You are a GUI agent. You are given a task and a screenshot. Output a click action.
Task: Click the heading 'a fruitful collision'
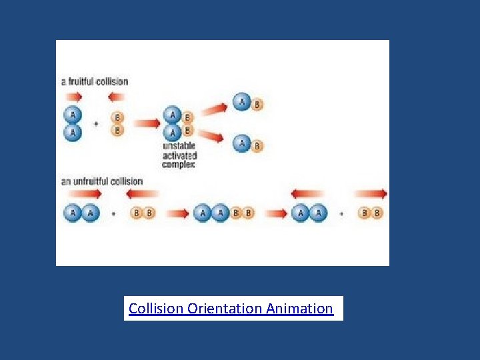[95, 81]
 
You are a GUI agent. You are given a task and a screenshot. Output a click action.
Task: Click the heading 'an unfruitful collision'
[102, 181]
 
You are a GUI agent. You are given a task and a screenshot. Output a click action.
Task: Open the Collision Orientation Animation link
[231, 309]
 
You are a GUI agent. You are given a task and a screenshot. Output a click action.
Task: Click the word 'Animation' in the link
[299, 309]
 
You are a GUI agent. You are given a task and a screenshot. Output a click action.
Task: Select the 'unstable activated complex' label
[180, 155]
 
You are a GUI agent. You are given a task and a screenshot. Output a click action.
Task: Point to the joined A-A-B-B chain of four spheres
[224, 213]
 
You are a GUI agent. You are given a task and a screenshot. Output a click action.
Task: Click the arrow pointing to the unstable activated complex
[146, 123]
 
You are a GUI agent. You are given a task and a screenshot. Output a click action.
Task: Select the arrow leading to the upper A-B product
[213, 109]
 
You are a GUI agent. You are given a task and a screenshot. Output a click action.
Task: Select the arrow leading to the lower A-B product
[213, 137]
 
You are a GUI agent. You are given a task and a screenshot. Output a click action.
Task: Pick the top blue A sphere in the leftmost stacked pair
[72, 115]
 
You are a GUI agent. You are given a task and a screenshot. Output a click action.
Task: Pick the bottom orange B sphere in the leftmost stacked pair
[118, 130]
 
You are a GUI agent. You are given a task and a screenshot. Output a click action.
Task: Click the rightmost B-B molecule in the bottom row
[371, 213]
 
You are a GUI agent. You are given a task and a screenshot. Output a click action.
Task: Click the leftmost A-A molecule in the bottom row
[82, 213]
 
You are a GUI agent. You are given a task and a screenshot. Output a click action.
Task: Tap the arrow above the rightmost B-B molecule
[371, 194]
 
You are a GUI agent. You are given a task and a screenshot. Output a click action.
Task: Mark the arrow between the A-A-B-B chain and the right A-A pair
[276, 213]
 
